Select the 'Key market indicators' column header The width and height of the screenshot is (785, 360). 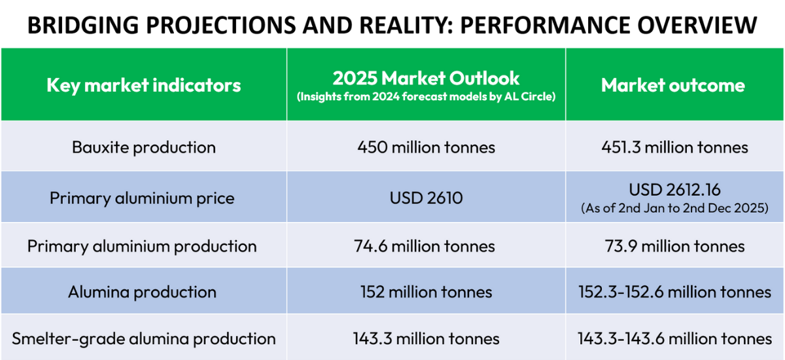point(143,85)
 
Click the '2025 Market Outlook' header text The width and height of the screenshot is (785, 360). point(426,79)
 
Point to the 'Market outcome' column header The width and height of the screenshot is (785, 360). point(673,85)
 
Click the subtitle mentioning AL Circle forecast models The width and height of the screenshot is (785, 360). point(426,97)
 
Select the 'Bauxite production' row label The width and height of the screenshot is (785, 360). point(143,147)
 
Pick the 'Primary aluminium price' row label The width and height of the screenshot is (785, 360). point(142,198)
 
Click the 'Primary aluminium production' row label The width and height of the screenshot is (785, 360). point(142,246)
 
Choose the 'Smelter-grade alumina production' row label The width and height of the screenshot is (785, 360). point(144,338)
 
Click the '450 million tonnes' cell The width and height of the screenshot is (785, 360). point(426,147)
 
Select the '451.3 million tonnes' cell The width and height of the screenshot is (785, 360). point(674,147)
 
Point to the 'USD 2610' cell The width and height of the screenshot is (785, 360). point(426,198)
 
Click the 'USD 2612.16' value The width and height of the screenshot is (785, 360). point(674,190)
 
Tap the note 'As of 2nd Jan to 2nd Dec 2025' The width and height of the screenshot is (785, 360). point(674,207)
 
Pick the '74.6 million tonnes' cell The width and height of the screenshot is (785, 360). point(426,246)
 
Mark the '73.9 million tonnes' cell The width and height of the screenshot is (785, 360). point(674,246)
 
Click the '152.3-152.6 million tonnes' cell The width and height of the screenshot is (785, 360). point(674,292)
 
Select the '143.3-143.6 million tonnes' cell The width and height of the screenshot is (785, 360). point(674,338)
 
